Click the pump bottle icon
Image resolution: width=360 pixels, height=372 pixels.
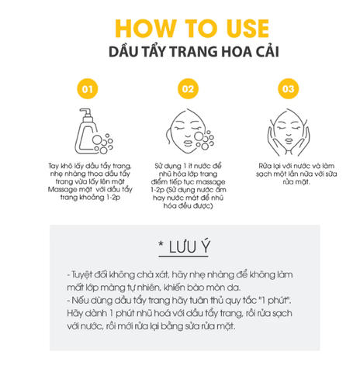click(88, 131)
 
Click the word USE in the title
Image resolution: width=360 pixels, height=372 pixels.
click(226, 26)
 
